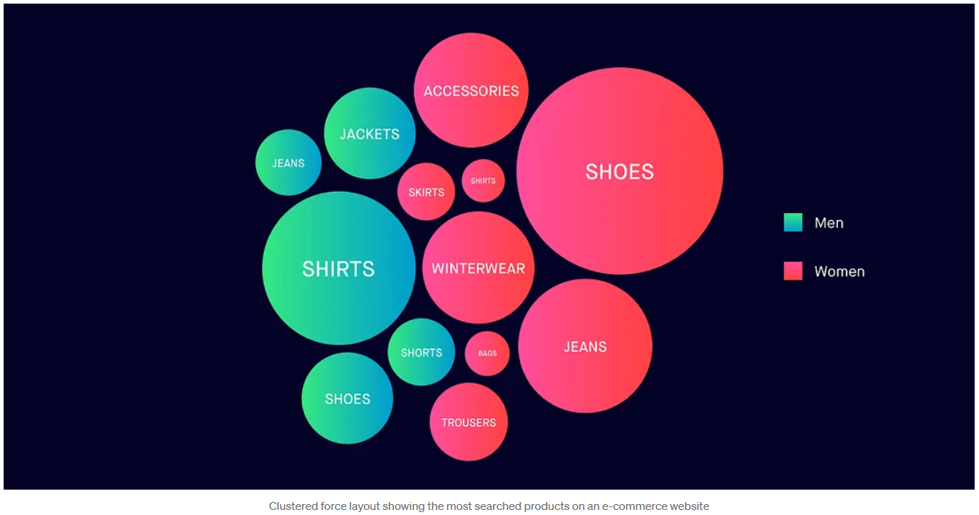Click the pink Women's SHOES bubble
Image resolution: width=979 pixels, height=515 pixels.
click(619, 171)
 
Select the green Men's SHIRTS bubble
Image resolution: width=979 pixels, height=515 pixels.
click(338, 268)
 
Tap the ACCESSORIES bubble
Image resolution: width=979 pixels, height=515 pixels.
click(471, 91)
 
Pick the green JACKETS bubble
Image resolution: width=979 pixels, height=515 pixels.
click(369, 133)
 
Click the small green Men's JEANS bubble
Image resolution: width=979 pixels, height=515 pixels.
click(288, 163)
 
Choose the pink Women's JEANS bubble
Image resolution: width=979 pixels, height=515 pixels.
click(585, 346)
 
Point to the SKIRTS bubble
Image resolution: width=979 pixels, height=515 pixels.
click(426, 192)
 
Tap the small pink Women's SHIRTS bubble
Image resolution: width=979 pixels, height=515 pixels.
click(483, 180)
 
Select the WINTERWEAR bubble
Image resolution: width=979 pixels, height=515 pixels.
click(478, 268)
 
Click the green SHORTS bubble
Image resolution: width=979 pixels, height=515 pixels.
click(421, 352)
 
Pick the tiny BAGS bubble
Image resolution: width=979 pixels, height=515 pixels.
click(487, 353)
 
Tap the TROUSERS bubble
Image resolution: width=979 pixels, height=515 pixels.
click(469, 422)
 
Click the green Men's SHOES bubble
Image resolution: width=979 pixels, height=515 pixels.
click(348, 398)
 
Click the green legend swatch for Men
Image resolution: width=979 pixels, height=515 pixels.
click(793, 222)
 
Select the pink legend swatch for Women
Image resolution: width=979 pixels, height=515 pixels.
click(793, 271)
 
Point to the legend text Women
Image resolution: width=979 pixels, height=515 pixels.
click(839, 272)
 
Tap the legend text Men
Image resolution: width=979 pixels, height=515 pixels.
click(828, 223)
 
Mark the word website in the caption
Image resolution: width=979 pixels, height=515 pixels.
click(688, 506)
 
